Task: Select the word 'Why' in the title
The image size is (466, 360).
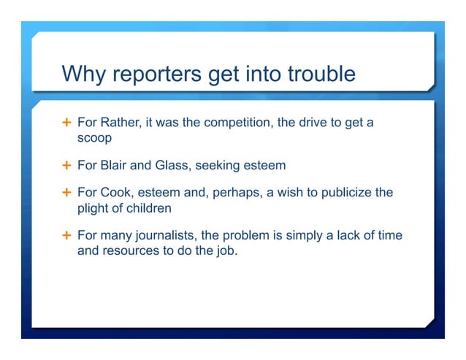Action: tap(80, 74)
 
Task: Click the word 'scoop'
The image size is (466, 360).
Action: tap(93, 137)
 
